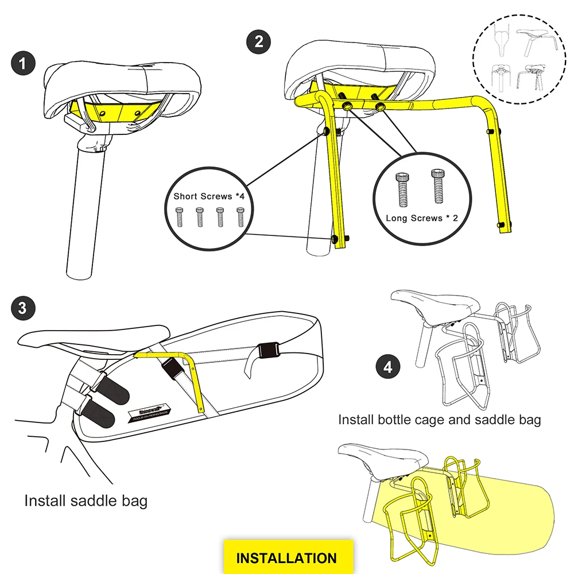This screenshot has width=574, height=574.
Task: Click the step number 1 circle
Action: point(22,63)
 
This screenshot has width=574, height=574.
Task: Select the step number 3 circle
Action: point(22,308)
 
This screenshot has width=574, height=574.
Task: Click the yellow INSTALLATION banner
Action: point(286,557)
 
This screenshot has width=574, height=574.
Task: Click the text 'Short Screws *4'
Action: point(211,196)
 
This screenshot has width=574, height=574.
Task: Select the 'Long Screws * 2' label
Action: point(422,218)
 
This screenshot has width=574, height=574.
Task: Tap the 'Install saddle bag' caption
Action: point(86,501)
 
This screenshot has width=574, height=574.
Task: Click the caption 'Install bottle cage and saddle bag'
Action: point(439,420)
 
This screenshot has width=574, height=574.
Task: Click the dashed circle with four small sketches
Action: point(518,60)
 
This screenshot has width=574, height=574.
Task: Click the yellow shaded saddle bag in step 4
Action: point(517,505)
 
